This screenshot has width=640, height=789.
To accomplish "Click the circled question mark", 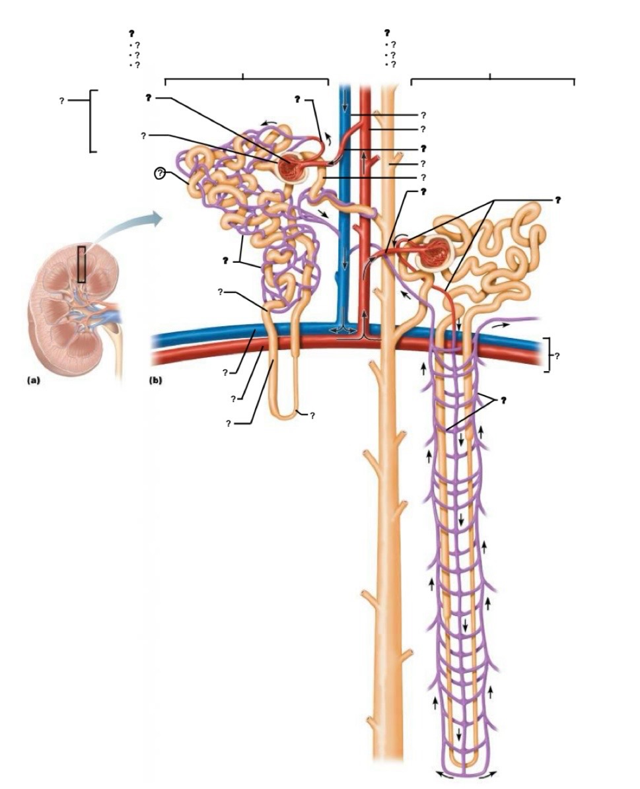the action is click(160, 174).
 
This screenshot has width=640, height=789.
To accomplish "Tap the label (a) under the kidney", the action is click(33, 380).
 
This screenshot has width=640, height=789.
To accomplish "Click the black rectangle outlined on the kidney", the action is click(81, 263).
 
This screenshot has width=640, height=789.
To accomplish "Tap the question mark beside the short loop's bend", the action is click(312, 416).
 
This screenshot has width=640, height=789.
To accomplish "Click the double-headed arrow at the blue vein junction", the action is click(343, 329).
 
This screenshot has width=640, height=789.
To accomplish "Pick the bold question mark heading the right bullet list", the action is click(387, 33).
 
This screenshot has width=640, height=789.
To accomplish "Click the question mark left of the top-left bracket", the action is click(61, 100).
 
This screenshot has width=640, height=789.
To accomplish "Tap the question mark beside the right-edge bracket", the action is click(557, 356).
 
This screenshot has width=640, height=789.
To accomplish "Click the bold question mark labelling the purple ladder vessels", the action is click(502, 400).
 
